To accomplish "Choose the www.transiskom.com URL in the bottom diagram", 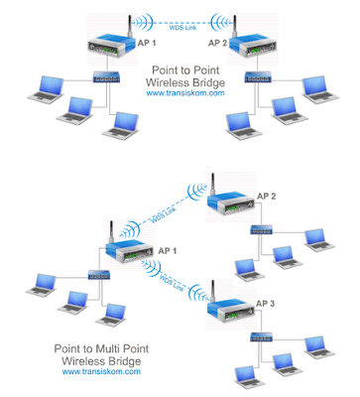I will pyautogui.click(x=92, y=373).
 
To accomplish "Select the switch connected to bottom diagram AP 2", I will pyautogui.click(x=263, y=229).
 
